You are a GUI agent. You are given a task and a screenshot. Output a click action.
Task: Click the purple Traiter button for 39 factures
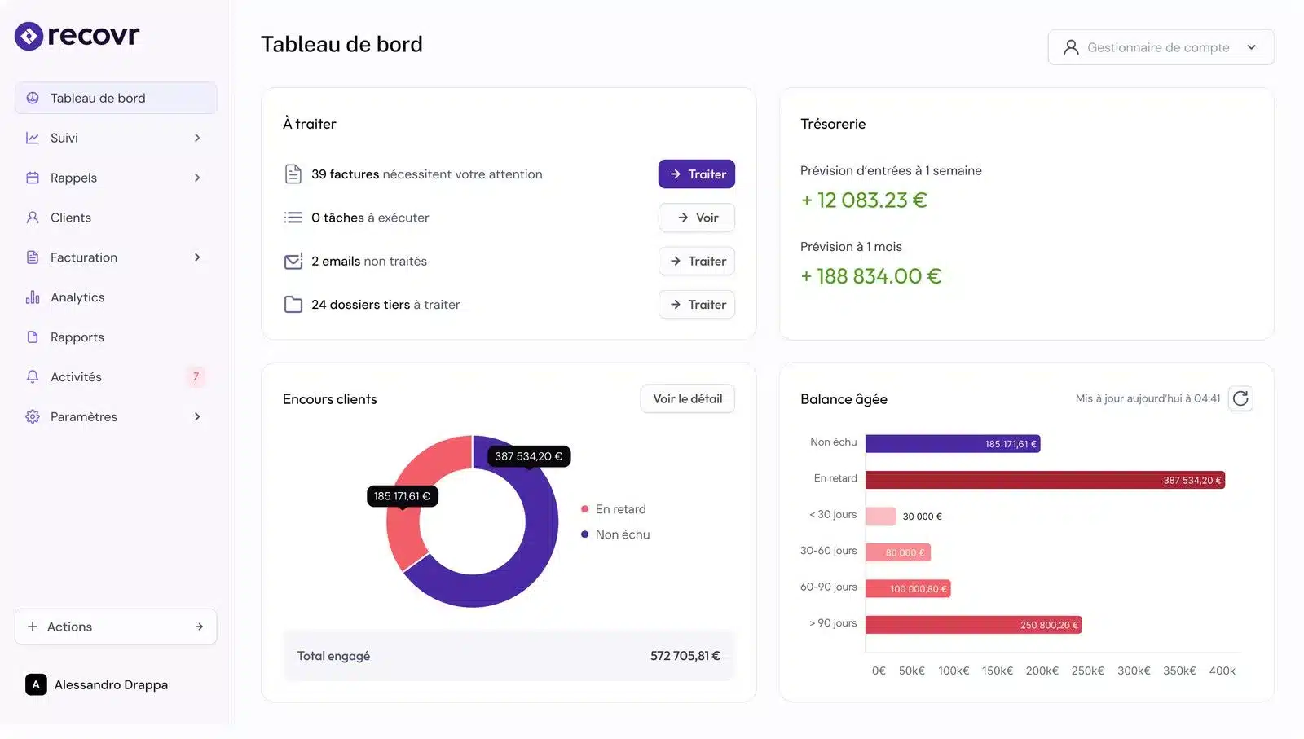pyautogui.click(x=696, y=174)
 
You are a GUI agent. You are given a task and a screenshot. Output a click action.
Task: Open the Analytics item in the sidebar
pyautogui.click(x=77, y=297)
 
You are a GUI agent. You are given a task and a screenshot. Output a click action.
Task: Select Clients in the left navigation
pyautogui.click(x=71, y=218)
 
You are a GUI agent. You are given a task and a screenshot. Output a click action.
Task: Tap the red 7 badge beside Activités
pyautogui.click(x=196, y=376)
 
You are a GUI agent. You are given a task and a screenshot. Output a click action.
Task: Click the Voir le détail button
pyautogui.click(x=687, y=399)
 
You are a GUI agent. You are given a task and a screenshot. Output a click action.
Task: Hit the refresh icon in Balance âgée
pyautogui.click(x=1240, y=398)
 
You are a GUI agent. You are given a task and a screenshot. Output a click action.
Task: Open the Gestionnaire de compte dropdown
pyautogui.click(x=1161, y=47)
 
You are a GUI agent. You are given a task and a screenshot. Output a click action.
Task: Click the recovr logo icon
pyautogui.click(x=29, y=36)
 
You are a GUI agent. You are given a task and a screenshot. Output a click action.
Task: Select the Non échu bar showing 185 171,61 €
pyautogui.click(x=952, y=444)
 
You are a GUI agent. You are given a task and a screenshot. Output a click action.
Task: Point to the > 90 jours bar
pyautogui.click(x=973, y=625)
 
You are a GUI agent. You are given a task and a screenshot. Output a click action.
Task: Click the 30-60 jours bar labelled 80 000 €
pyautogui.click(x=897, y=552)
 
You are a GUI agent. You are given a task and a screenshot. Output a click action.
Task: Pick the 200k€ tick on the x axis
pyautogui.click(x=1042, y=671)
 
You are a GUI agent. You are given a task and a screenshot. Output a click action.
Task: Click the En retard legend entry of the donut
pyautogui.click(x=619, y=509)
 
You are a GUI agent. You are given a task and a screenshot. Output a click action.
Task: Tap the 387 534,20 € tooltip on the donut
pyautogui.click(x=528, y=456)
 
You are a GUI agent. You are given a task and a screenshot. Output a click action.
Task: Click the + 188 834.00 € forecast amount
pyautogui.click(x=870, y=276)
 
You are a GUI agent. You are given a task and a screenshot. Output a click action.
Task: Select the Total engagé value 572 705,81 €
pyautogui.click(x=685, y=656)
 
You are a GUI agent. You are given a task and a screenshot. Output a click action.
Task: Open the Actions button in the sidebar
pyautogui.click(x=116, y=627)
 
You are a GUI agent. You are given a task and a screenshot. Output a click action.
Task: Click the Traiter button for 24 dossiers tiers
pyautogui.click(x=696, y=305)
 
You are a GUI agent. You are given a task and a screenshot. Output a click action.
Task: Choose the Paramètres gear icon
pyautogui.click(x=33, y=416)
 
